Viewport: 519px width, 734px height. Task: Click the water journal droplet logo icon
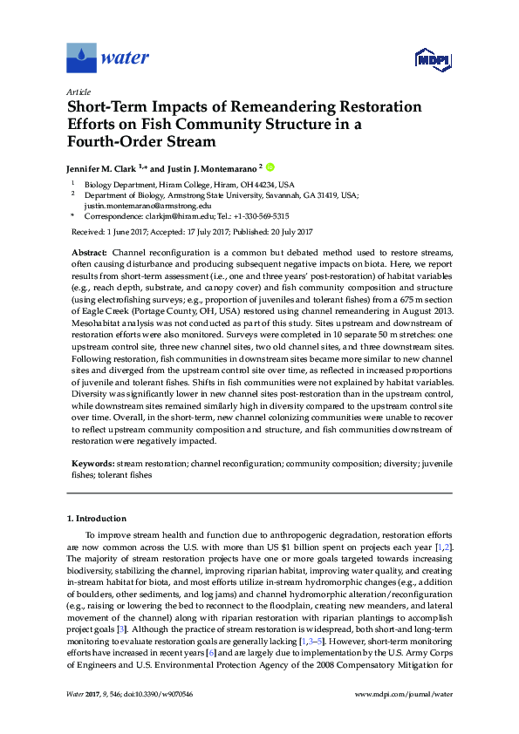(81, 58)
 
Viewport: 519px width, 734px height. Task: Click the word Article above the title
(79, 92)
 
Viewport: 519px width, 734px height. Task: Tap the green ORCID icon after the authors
(270, 167)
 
